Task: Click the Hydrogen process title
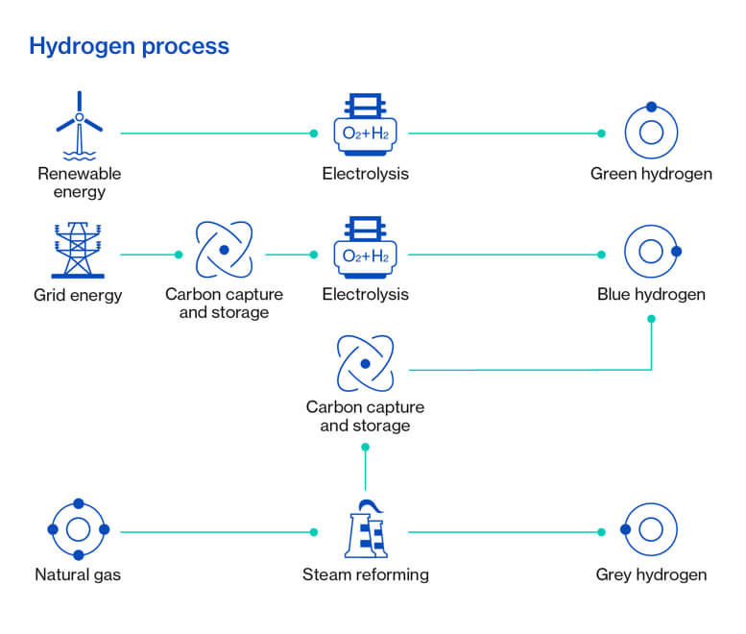click(129, 47)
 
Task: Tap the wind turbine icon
click(80, 126)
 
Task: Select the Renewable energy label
click(80, 183)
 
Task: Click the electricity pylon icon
click(78, 250)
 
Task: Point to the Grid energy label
click(78, 296)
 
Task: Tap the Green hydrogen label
click(651, 174)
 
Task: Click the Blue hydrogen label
click(651, 295)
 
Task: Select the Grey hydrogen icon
click(626, 529)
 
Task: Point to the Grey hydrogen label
click(651, 575)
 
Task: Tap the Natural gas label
click(78, 575)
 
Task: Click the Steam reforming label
click(366, 575)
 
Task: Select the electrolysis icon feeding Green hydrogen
click(366, 125)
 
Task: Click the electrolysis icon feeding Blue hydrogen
click(366, 248)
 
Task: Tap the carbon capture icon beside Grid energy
click(224, 250)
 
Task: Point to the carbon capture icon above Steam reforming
click(366, 364)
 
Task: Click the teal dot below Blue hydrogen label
click(651, 319)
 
